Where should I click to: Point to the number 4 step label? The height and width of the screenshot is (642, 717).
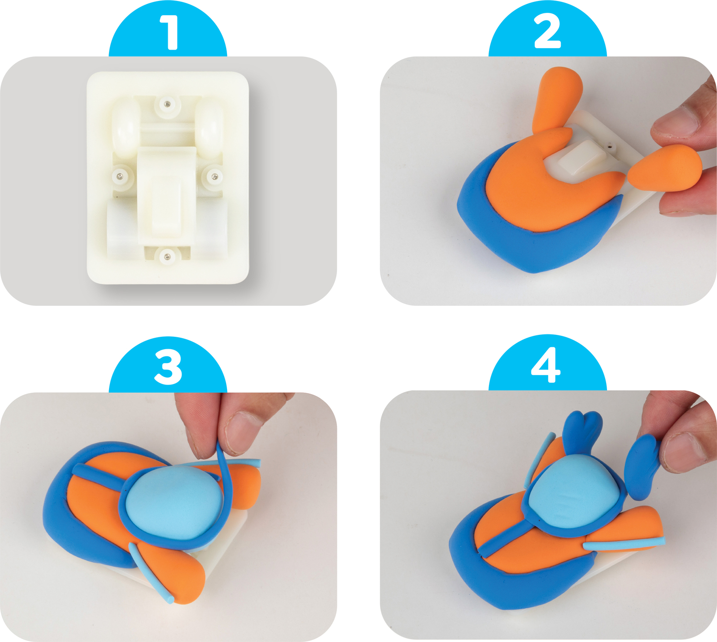(x=546, y=365)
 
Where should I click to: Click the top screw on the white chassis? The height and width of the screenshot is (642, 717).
(x=167, y=104)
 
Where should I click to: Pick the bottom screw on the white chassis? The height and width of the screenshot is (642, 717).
(x=167, y=256)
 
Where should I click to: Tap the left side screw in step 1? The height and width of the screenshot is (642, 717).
(x=121, y=175)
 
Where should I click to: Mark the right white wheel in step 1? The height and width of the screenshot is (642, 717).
(x=209, y=128)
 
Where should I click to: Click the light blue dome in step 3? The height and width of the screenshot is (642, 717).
(x=175, y=502)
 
